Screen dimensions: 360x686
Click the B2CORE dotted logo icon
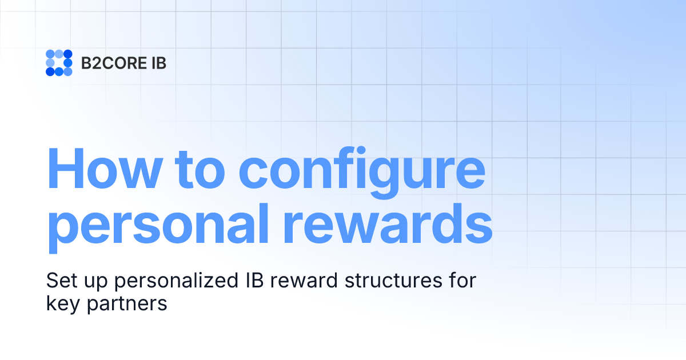tap(59, 63)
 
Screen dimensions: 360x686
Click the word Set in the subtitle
tap(59, 281)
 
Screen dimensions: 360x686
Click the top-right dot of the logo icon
tap(67, 54)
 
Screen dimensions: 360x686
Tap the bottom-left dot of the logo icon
tap(50, 71)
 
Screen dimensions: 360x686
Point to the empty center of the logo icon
tap(59, 63)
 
